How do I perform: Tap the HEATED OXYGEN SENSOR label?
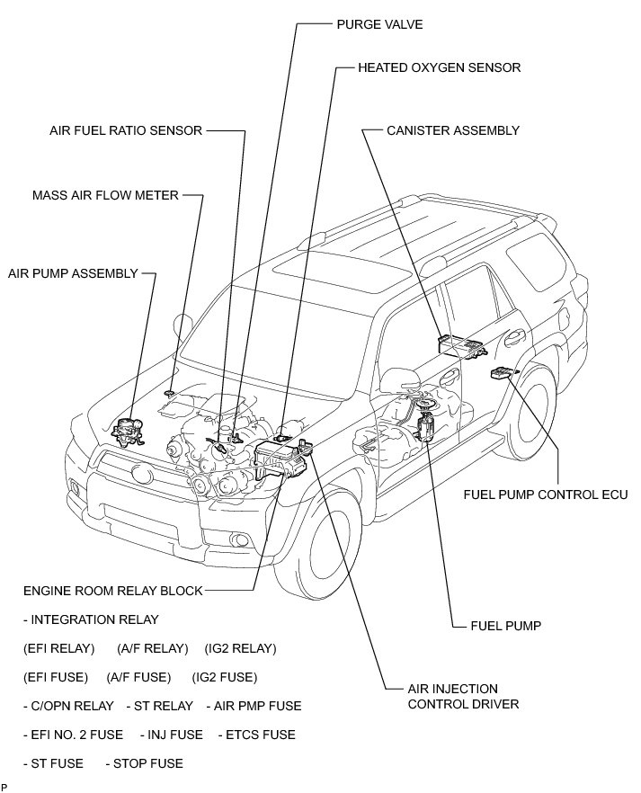click(439, 67)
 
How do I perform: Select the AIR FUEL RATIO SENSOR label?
click(126, 130)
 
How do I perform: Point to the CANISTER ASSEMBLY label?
click(453, 130)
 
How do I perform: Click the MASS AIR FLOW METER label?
click(105, 194)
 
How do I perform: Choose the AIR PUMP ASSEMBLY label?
click(73, 272)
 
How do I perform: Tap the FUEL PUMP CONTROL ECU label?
click(545, 494)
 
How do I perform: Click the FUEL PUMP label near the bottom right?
click(505, 625)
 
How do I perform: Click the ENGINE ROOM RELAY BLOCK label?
click(113, 591)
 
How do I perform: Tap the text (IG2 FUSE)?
click(225, 677)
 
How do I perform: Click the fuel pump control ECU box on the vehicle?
click(502, 371)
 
